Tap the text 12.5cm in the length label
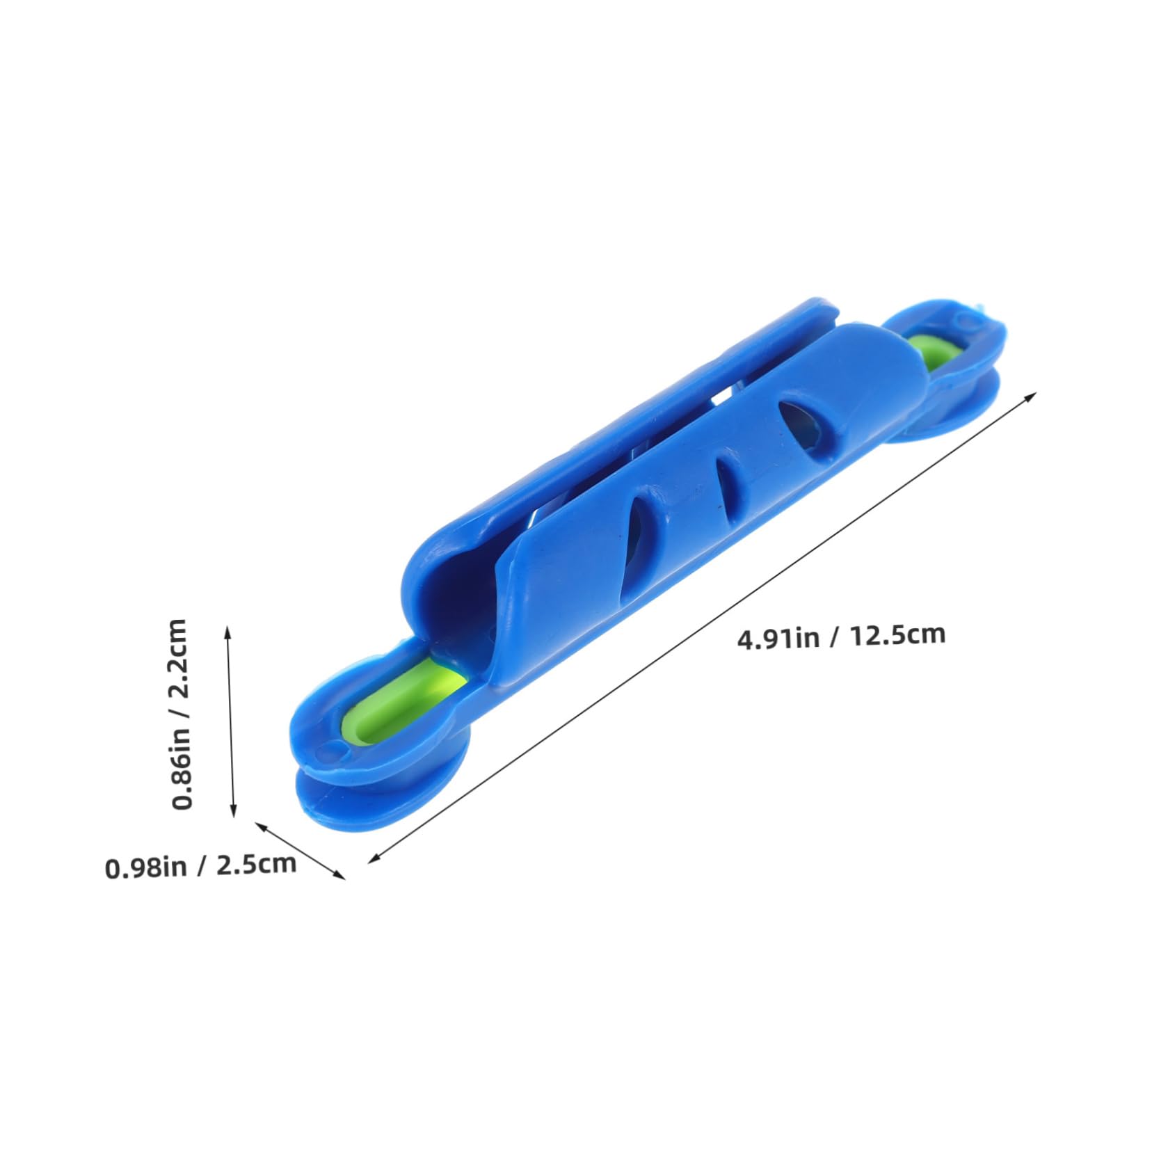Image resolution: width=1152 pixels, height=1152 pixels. (x=897, y=634)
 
